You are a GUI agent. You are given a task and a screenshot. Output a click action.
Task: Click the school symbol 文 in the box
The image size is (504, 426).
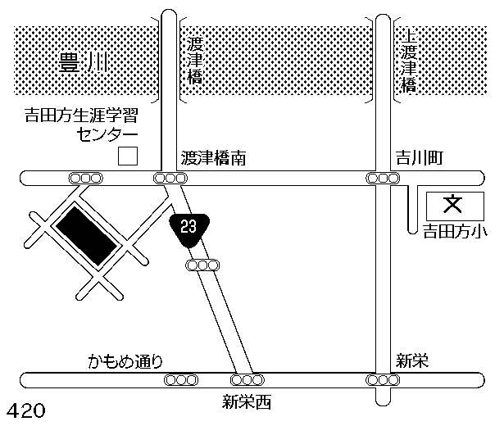coord(453,202)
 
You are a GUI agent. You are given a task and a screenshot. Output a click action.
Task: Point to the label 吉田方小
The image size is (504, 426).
coord(453,231)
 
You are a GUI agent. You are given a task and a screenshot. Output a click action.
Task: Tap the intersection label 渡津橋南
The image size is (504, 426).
coord(216,156)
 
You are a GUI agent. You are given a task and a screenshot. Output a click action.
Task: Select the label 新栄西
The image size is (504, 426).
coord(246,402)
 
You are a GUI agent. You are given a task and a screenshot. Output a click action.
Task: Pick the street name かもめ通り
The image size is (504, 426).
coord(127,360)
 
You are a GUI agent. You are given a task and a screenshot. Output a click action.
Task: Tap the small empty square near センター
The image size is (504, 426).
coord(127,156)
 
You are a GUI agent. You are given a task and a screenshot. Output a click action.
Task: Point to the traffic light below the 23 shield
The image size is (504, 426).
coord(203,265)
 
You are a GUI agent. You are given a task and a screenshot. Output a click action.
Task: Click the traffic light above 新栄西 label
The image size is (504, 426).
coord(247,380)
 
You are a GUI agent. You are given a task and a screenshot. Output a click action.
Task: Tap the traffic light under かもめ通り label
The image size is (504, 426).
coord(181,380)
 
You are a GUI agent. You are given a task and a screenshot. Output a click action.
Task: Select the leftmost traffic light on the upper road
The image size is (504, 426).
coord(86,178)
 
